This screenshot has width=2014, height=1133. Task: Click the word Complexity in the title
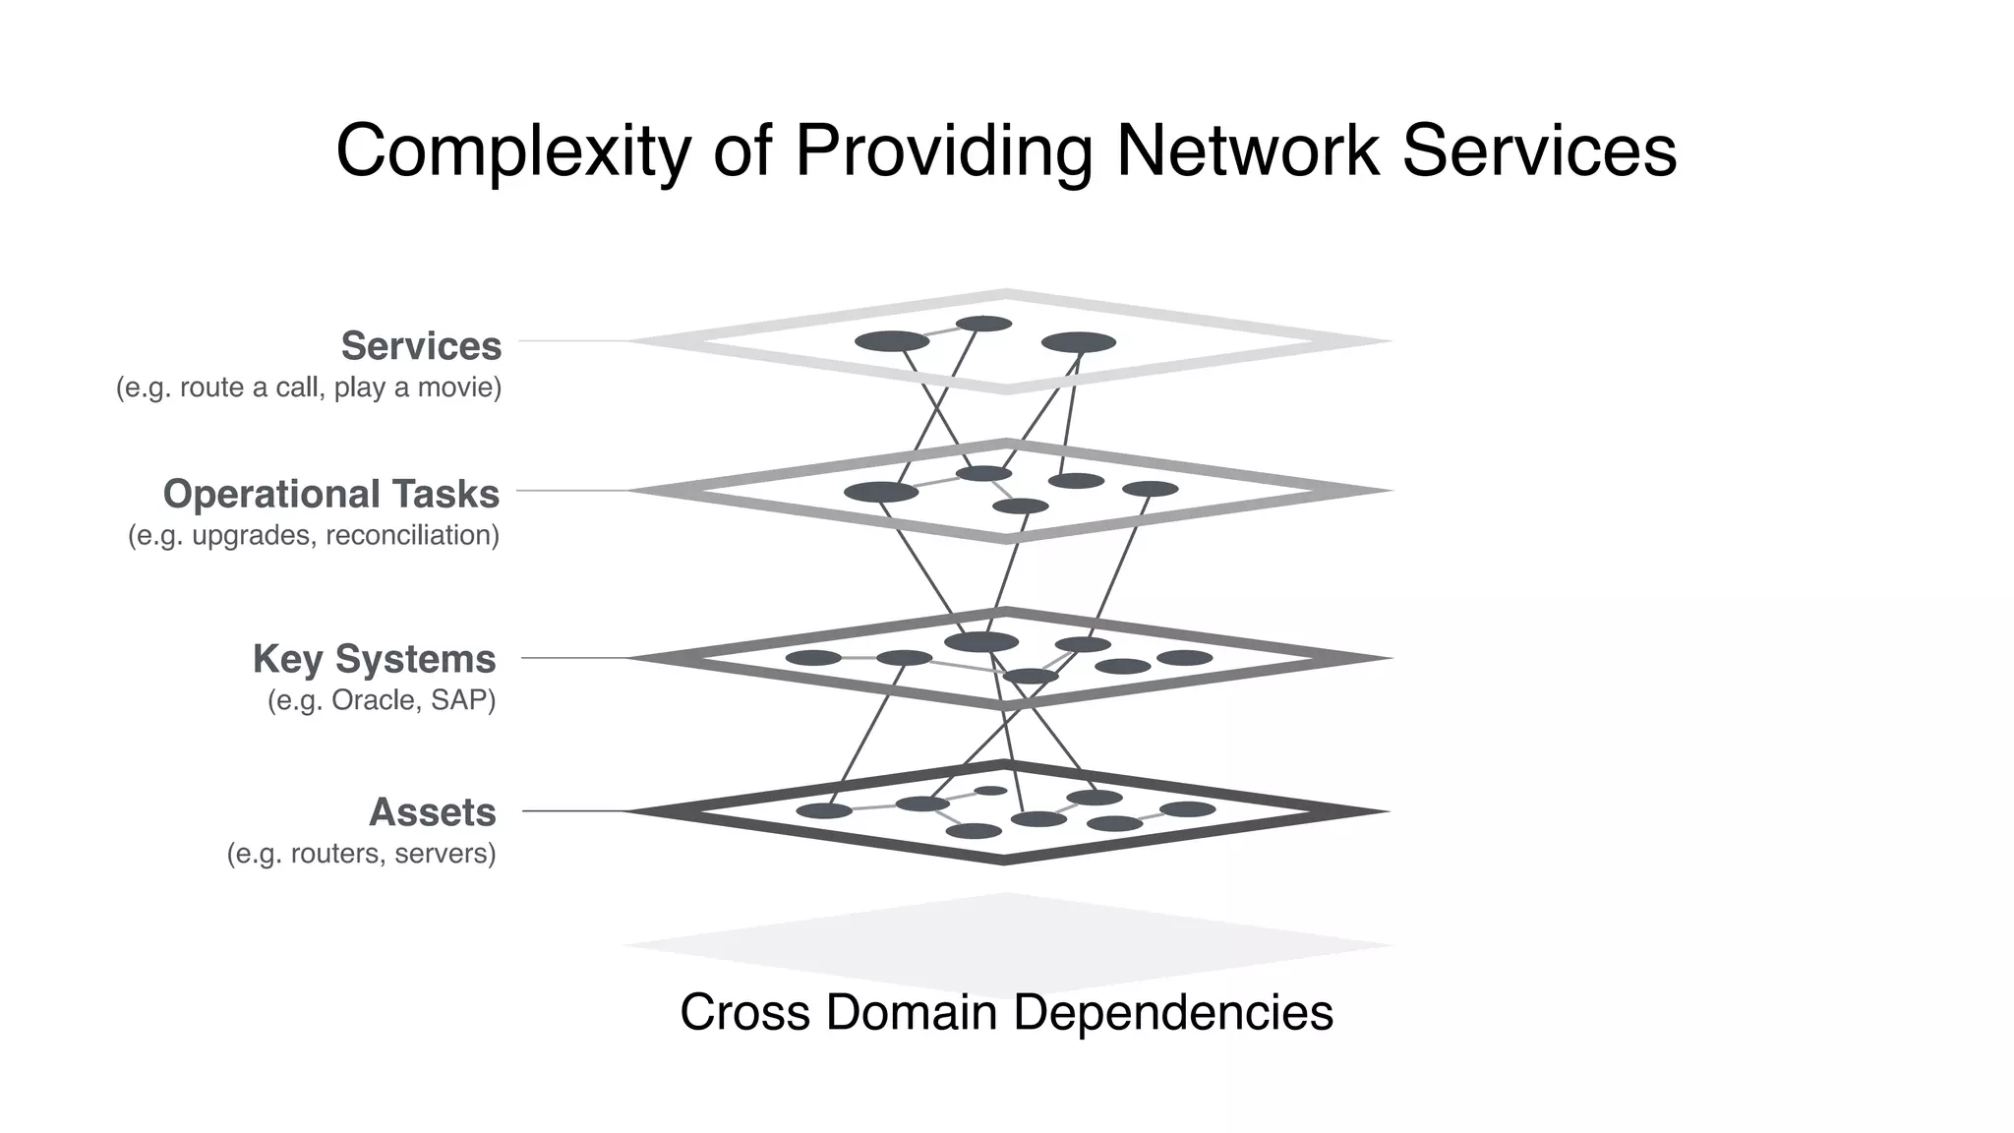pos(512,150)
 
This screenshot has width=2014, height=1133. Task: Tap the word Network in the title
pos(1247,150)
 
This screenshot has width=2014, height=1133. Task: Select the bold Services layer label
pos(421,346)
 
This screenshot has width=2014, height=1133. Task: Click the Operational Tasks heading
pos(331,494)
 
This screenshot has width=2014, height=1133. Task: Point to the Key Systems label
pos(374,659)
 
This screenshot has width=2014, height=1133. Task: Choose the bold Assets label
pos(432,812)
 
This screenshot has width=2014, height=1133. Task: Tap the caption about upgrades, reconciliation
pos(314,535)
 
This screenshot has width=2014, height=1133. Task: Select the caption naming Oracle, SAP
pos(382,700)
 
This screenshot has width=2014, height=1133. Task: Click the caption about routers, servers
pos(361,854)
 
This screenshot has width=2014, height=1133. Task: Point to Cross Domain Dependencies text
pos(1006,1012)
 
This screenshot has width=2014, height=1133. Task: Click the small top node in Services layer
pos(983,324)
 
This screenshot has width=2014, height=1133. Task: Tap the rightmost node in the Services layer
pos(1079,342)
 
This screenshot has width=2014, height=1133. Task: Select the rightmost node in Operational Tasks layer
pos(1150,489)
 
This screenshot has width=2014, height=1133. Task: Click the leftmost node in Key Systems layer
pos(813,658)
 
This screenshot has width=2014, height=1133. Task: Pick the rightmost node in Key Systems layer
pos(1184,658)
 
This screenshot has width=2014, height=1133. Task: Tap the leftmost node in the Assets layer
pos(824,811)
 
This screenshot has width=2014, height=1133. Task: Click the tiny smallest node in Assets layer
pos(990,791)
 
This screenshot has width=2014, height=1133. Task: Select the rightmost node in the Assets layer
pos(1188,809)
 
